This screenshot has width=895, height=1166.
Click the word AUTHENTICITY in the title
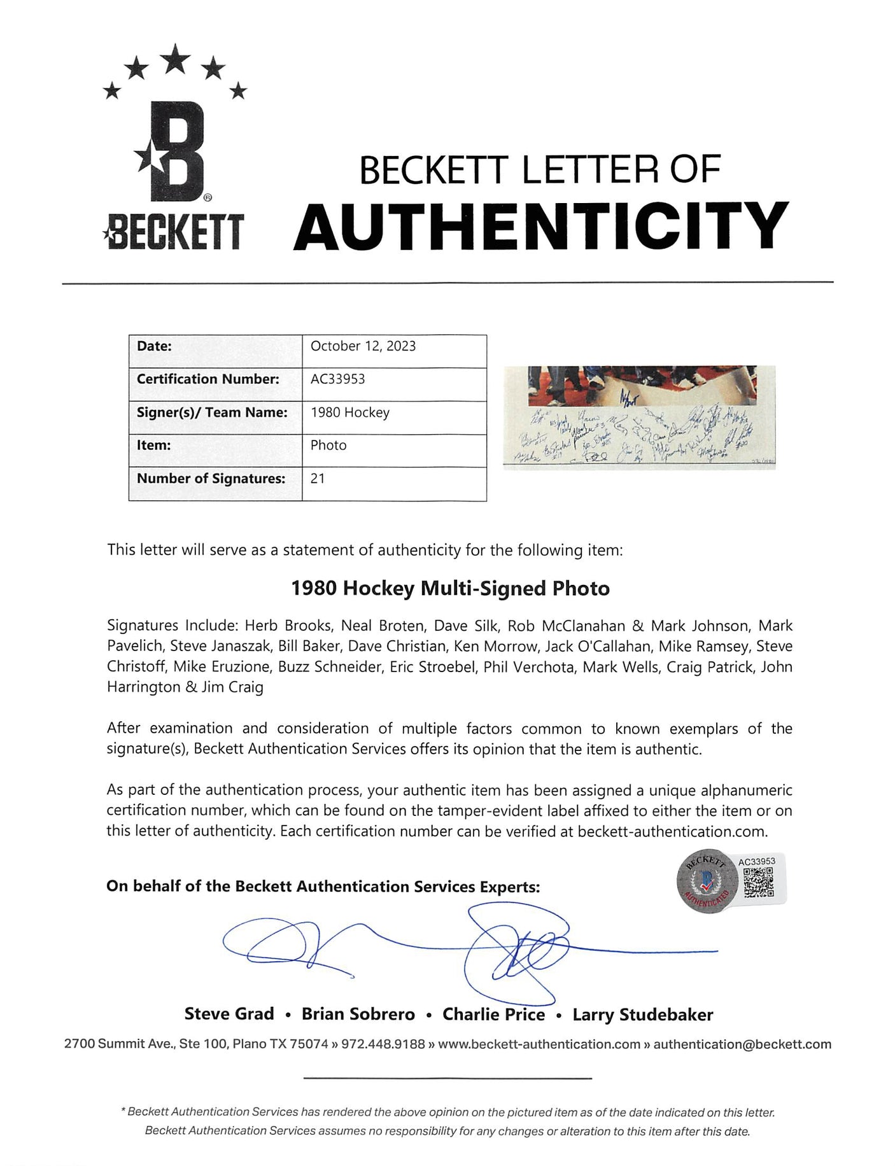click(x=540, y=225)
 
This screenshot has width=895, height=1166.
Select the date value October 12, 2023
click(x=363, y=346)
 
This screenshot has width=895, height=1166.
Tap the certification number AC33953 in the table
click(x=337, y=379)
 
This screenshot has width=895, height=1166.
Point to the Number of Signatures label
click(x=211, y=479)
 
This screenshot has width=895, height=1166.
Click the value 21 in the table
click(x=318, y=479)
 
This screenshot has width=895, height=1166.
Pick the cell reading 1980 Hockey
click(x=349, y=412)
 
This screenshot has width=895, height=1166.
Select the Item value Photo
click(x=328, y=446)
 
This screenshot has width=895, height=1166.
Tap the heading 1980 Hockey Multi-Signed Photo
click(x=450, y=588)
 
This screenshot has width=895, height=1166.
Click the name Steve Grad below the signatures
click(x=229, y=1015)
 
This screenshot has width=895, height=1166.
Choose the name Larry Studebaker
click(x=642, y=1015)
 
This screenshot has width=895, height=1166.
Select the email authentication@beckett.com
click(x=742, y=1044)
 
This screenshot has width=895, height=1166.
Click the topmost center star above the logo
click(x=176, y=58)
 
